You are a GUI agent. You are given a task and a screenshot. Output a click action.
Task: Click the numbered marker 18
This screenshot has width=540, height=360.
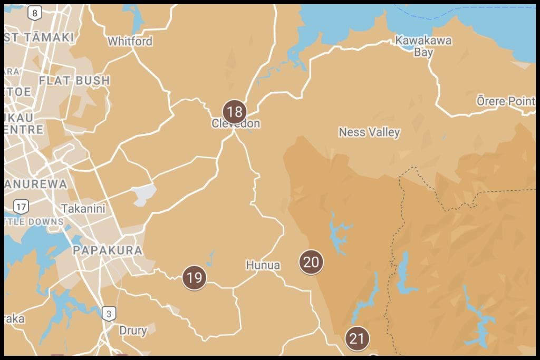tap(235, 112)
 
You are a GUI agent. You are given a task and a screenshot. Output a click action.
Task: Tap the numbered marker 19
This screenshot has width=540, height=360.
tap(195, 277)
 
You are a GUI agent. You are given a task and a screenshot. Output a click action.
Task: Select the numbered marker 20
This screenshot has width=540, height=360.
tap(311, 262)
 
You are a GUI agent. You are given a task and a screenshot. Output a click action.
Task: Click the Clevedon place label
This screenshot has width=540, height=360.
tap(236, 124)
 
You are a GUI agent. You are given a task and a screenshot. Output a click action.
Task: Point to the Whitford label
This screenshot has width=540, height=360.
tap(130, 41)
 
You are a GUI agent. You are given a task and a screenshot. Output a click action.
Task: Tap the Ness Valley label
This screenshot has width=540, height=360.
tap(369, 132)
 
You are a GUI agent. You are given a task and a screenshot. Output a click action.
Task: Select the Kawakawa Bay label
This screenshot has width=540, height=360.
tap(416, 46)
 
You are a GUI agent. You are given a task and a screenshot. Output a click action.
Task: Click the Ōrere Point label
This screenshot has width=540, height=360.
tap(505, 101)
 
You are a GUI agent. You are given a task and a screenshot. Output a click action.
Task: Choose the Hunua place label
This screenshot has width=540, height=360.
tap(263, 265)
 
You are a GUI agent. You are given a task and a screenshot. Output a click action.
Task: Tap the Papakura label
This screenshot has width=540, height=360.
tap(108, 250)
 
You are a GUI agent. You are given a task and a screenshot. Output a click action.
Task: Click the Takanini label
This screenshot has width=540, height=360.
tap(83, 209)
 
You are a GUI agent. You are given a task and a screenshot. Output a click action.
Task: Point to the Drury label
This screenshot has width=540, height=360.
tap(133, 330)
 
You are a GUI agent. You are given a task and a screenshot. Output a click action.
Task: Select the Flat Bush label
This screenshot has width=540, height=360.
tap(74, 81)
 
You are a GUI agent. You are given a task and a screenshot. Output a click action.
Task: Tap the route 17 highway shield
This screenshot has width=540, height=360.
tap(21, 207)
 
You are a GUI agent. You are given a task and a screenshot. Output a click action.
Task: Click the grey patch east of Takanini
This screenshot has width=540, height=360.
tap(145, 194)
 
